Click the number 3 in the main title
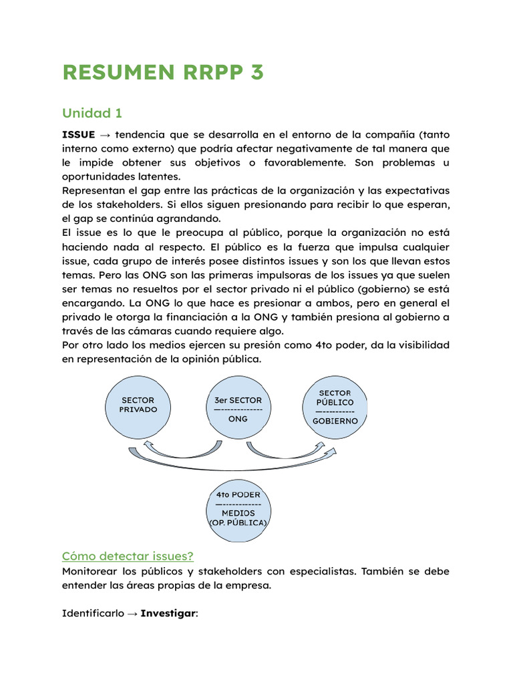[x=256, y=72]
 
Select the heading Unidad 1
[x=92, y=112]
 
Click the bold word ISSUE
[x=78, y=134]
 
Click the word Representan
[x=95, y=191]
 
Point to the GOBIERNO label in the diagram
[x=335, y=421]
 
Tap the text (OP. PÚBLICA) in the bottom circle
[x=238, y=522]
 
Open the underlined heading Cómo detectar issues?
[x=128, y=556]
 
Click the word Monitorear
[x=89, y=572]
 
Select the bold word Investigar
[x=168, y=613]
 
